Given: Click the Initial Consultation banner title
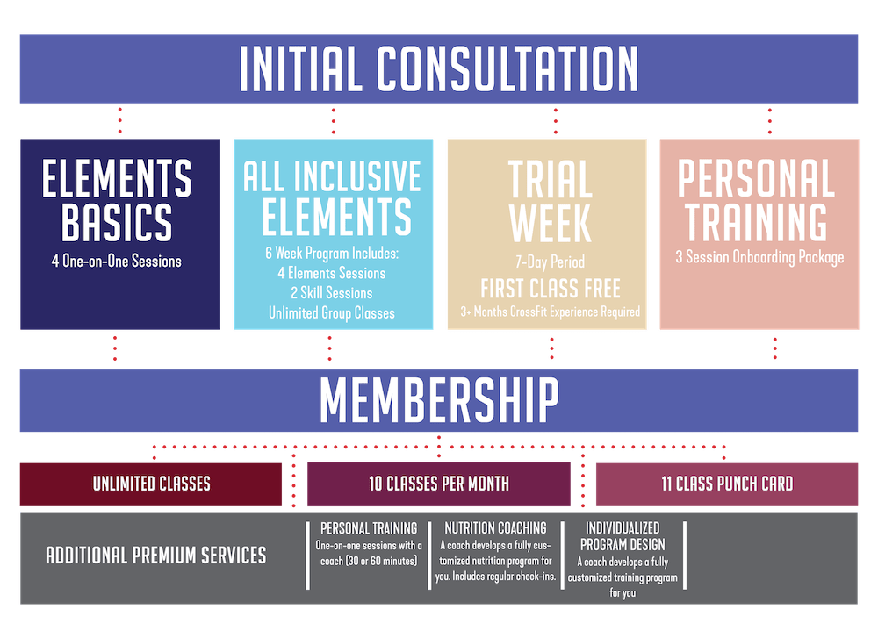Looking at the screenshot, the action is pyautogui.click(x=439, y=68).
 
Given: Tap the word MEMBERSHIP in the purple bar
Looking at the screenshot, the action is pyautogui.click(x=439, y=399).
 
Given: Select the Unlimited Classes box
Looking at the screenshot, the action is pyautogui.click(x=151, y=484).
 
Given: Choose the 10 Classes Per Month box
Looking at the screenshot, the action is pyautogui.click(x=439, y=484).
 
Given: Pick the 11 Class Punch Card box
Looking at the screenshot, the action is pyautogui.click(x=727, y=484).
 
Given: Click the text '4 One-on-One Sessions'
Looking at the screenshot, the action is pyautogui.click(x=117, y=262).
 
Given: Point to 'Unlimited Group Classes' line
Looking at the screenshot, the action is pyautogui.click(x=332, y=313).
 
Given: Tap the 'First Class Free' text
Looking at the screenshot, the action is pyautogui.click(x=551, y=289).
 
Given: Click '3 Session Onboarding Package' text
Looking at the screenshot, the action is pyautogui.click(x=759, y=257).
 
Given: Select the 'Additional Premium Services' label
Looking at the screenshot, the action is pyautogui.click(x=156, y=556).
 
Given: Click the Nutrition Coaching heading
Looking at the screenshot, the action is pyautogui.click(x=495, y=527).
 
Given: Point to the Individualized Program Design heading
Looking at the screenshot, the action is pyautogui.click(x=623, y=536).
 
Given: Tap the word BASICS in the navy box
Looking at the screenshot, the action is pyautogui.click(x=117, y=222).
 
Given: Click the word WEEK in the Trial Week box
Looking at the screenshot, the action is pyautogui.click(x=551, y=223).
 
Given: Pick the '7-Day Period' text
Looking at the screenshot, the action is pyautogui.click(x=550, y=262).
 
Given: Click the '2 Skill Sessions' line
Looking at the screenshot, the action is pyautogui.click(x=332, y=293).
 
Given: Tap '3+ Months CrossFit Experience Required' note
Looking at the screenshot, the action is pyautogui.click(x=550, y=312).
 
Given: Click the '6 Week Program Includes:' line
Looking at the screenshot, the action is pyautogui.click(x=332, y=254).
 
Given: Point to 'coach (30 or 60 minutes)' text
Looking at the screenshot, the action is pyautogui.click(x=369, y=561).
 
